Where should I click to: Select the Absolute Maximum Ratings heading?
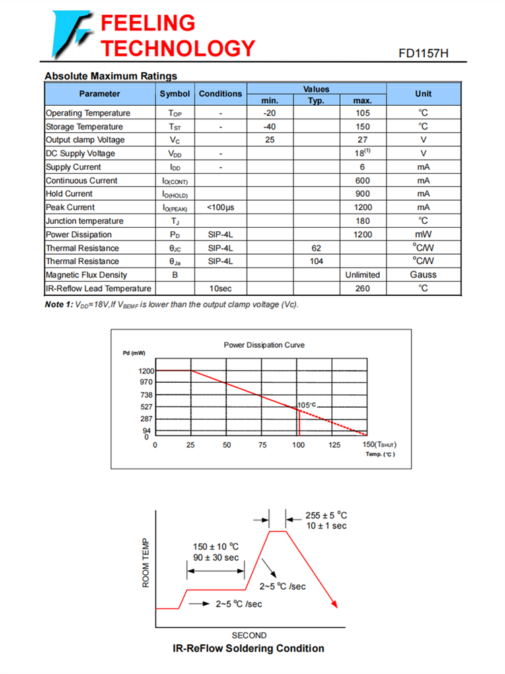click(x=110, y=76)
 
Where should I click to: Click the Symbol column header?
click(x=175, y=94)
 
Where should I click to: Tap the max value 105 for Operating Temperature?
click(x=363, y=113)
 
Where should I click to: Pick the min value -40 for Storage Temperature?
click(x=270, y=127)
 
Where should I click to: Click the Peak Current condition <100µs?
click(x=220, y=208)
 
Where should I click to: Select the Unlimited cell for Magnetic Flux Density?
click(x=363, y=275)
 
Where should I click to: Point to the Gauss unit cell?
click(x=423, y=275)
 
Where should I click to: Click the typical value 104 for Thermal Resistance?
click(x=316, y=262)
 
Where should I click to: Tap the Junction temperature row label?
click(x=85, y=221)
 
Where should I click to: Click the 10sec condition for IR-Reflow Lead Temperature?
click(x=220, y=288)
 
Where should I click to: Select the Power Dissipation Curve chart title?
click(x=264, y=345)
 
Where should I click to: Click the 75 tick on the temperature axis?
click(x=263, y=445)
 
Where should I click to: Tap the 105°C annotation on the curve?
click(x=306, y=404)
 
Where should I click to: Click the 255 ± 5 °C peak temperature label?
click(x=326, y=516)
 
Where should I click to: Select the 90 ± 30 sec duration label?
click(x=215, y=557)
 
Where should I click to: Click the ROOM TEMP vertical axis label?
click(x=145, y=562)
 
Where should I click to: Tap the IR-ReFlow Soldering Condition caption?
click(x=248, y=648)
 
